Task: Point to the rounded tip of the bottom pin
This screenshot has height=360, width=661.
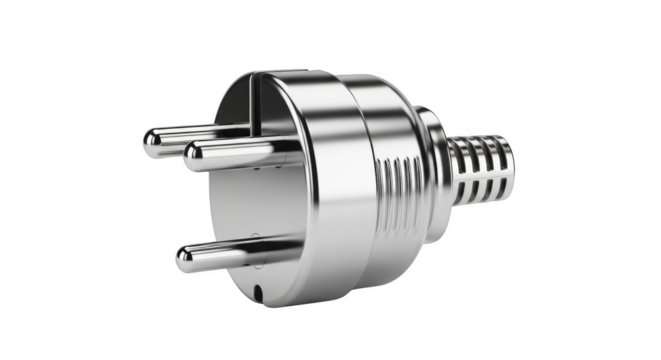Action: pyautogui.click(x=186, y=262)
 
